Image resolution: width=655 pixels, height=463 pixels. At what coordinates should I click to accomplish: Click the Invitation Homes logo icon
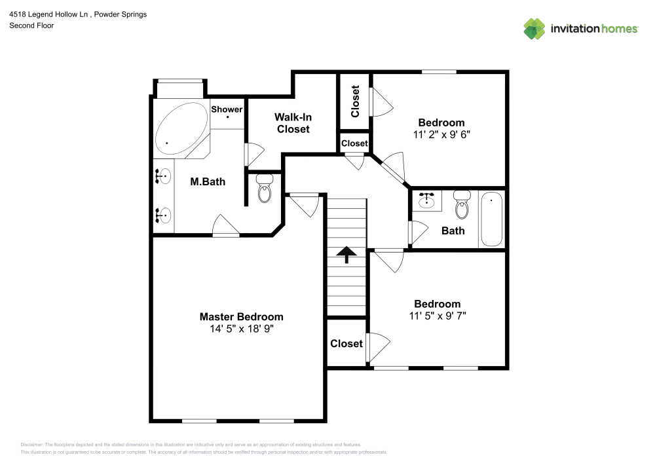tap(534, 29)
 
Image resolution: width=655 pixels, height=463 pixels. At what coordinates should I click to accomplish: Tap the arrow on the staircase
tap(346, 254)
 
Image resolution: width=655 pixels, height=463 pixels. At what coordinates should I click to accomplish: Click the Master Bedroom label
tap(241, 316)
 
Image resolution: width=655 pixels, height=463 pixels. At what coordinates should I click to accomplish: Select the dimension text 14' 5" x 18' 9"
tap(241, 329)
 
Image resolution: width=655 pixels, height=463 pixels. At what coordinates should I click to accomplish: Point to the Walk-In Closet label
tap(293, 123)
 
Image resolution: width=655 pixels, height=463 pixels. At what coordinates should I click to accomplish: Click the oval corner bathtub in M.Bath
tap(181, 128)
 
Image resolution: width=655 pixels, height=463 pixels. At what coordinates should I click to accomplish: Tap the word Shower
tap(227, 109)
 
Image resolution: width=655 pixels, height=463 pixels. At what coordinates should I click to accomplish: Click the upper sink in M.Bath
tap(164, 177)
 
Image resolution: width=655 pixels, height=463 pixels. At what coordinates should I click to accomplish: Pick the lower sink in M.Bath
tap(164, 214)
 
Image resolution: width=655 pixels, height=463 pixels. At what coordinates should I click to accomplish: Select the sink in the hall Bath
tap(428, 200)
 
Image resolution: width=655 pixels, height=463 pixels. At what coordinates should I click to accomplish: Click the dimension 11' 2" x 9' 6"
tap(441, 134)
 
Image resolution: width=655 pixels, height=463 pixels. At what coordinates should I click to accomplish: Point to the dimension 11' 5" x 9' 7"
tap(437, 316)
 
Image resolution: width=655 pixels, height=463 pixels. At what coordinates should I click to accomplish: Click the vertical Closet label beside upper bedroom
tap(355, 102)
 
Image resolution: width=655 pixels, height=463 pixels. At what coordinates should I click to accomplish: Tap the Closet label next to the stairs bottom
tap(346, 343)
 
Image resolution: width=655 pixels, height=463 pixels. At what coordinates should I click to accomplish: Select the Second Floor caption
tap(31, 26)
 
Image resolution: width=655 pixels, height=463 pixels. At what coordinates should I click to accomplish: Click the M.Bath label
tap(208, 181)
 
